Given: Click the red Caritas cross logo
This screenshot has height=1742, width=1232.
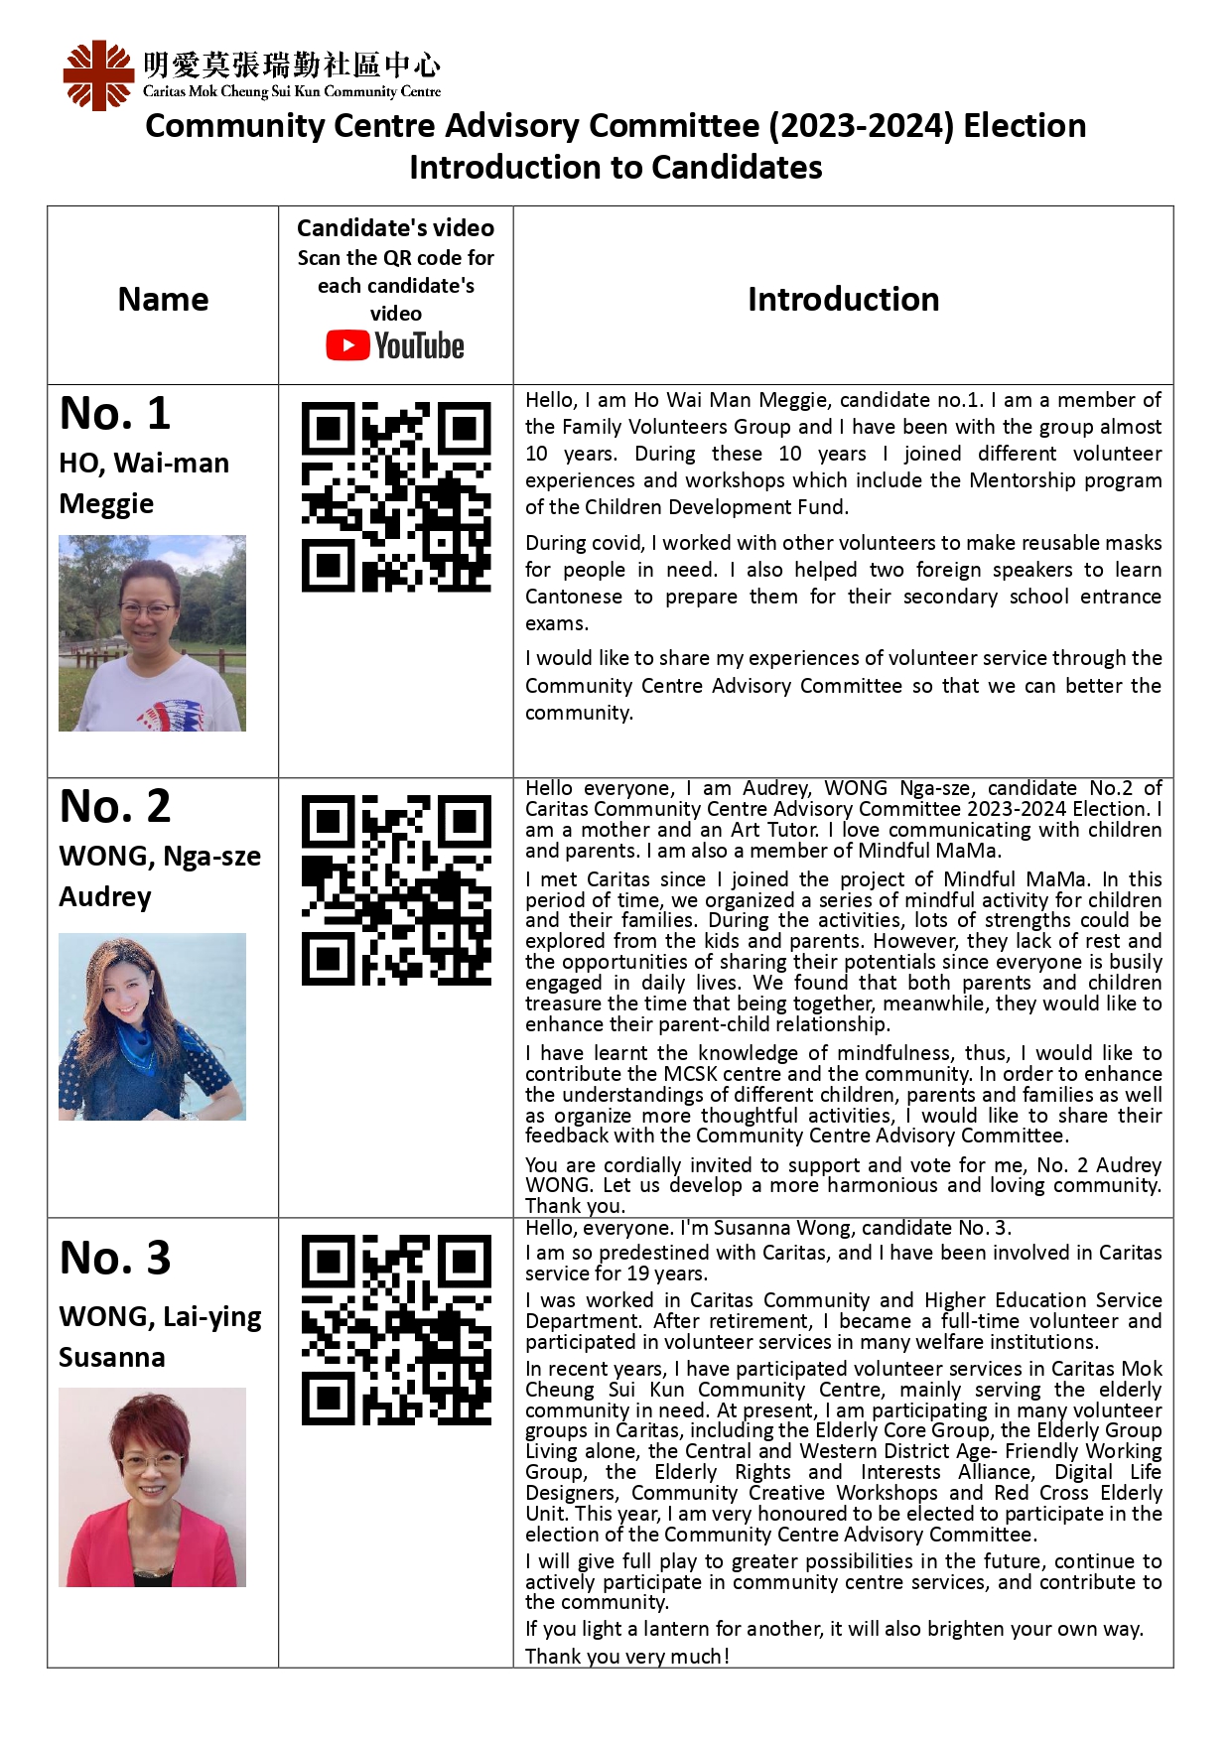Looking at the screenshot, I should tap(98, 75).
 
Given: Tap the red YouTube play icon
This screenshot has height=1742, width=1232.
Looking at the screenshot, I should tap(347, 345).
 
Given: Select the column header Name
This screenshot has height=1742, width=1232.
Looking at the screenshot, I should tap(163, 299).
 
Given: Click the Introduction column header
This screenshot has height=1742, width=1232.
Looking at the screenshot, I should tap(843, 299).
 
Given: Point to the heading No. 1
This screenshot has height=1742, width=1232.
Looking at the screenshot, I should tap(115, 413).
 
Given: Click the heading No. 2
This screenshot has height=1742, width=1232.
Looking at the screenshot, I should tap(115, 806).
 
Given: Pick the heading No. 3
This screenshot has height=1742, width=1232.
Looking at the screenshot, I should tap(115, 1258).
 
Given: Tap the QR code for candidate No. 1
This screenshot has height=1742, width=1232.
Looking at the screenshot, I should tap(396, 496).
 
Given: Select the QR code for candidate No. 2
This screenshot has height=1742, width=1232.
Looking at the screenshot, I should tap(396, 889).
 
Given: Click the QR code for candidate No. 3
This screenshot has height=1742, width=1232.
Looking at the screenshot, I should tap(396, 1330).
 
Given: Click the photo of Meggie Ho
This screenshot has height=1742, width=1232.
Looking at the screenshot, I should tap(152, 633).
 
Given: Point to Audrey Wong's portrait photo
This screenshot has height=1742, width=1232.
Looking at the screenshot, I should tap(152, 1026).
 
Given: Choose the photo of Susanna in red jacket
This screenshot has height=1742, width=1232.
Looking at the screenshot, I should tap(152, 1487).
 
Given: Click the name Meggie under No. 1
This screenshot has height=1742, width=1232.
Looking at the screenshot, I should tap(106, 503).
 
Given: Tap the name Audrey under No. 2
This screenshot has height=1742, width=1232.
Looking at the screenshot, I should tap(105, 896).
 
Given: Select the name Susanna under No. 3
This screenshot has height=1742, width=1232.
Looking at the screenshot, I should tap(112, 1357).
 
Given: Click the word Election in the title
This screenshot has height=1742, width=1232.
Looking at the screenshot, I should tap(1025, 126).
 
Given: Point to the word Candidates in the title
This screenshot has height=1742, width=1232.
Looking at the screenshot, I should tap(737, 167).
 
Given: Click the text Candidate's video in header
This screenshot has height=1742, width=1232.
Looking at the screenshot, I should tap(395, 227).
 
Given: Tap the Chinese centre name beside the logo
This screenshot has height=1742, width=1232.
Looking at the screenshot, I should tap(291, 66).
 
